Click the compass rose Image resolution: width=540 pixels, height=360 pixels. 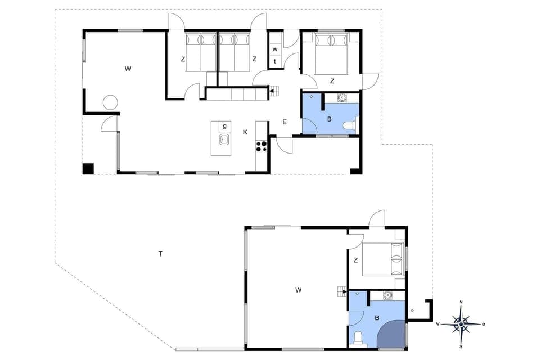pyautogui.click(x=461, y=324)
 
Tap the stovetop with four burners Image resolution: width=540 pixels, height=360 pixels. pyautogui.click(x=262, y=146)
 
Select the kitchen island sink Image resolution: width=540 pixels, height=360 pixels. pyautogui.click(x=224, y=139)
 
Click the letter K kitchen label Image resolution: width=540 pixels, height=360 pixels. pyautogui.click(x=245, y=132)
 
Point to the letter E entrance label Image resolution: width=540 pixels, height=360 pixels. pyautogui.click(x=285, y=122)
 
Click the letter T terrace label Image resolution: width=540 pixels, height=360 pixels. pyautogui.click(x=160, y=254)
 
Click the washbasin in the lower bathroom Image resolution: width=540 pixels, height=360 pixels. pyautogui.click(x=387, y=295)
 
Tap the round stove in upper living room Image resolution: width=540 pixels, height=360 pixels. pyautogui.click(x=110, y=103)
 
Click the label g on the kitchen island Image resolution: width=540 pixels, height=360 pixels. pyautogui.click(x=224, y=126)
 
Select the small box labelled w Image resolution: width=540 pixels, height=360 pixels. pyautogui.click(x=275, y=49)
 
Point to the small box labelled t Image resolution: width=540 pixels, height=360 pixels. pyautogui.click(x=275, y=61)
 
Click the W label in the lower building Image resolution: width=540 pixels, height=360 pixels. pyautogui.click(x=298, y=290)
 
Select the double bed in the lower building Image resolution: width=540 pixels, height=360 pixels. pyautogui.click(x=383, y=259)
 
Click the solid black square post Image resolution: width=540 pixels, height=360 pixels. pyautogui.click(x=88, y=168)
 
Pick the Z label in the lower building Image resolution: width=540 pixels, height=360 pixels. pyautogui.click(x=355, y=260)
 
